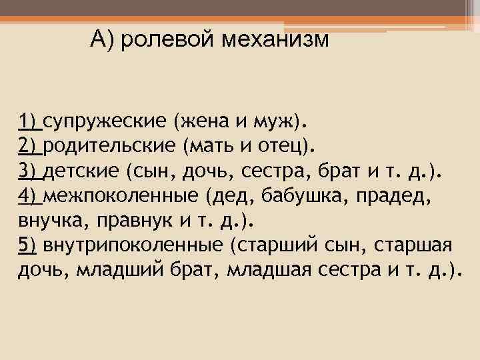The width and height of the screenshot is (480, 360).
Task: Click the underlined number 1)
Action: click(29, 121)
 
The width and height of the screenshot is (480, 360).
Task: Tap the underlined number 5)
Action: click(29, 245)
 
